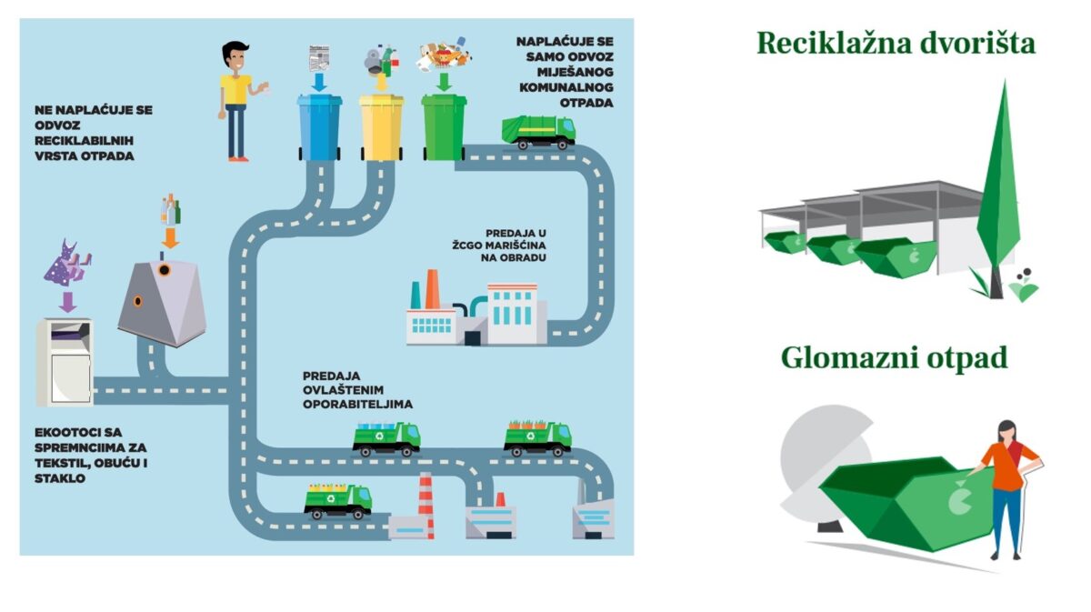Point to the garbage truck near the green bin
[539, 131]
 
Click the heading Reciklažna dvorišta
[896, 43]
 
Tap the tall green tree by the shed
[997, 182]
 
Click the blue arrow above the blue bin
[318, 82]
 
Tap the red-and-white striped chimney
[425, 505]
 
